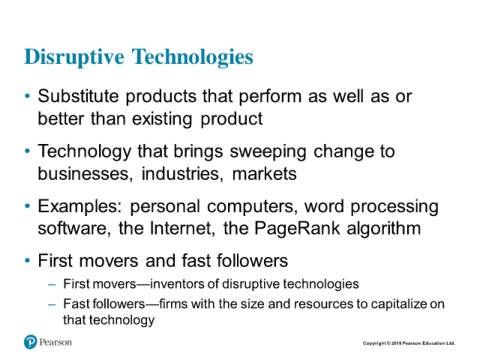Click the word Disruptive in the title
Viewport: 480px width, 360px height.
coord(74,57)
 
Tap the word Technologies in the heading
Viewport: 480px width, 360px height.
coord(193,57)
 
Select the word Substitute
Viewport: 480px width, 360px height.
coord(78,96)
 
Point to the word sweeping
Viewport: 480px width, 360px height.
coord(268,152)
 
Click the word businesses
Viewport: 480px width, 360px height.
coord(85,174)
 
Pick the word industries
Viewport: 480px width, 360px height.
coord(182,174)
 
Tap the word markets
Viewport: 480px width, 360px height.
coord(264,174)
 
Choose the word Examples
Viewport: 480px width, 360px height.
coord(80,206)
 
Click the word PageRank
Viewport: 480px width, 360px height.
coord(297,229)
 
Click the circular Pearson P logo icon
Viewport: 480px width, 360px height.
coord(30,342)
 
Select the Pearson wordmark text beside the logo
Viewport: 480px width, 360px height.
coord(55,342)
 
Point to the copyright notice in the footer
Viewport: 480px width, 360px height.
coord(409,343)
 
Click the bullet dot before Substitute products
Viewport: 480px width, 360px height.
coord(27,97)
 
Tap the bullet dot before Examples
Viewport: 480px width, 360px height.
coord(27,206)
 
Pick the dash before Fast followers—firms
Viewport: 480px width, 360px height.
coord(52,304)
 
